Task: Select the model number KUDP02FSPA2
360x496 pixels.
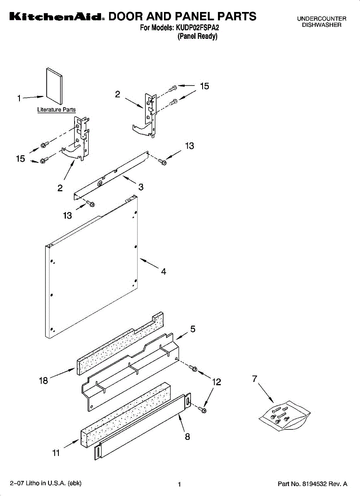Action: coord(197,28)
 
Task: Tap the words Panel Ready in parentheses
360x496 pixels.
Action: coord(197,36)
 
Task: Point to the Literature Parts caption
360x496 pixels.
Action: coord(56,110)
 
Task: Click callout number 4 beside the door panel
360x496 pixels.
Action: coord(164,272)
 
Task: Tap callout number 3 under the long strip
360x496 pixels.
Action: coord(141,187)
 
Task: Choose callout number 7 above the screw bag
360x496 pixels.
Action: coord(255,378)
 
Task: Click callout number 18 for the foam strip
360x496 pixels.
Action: coord(44,381)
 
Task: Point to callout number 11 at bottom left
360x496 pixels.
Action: coord(56,453)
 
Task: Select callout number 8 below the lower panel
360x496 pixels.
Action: coord(187,436)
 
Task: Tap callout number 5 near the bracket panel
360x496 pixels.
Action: coord(193,329)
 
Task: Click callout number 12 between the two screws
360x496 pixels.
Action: coord(216,382)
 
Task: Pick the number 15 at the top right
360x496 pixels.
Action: coord(204,86)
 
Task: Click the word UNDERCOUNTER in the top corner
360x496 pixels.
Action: coord(321,19)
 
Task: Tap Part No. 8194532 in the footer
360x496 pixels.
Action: coord(312,484)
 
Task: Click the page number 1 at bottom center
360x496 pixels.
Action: coord(179,484)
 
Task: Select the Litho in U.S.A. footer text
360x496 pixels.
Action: coord(46,483)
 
